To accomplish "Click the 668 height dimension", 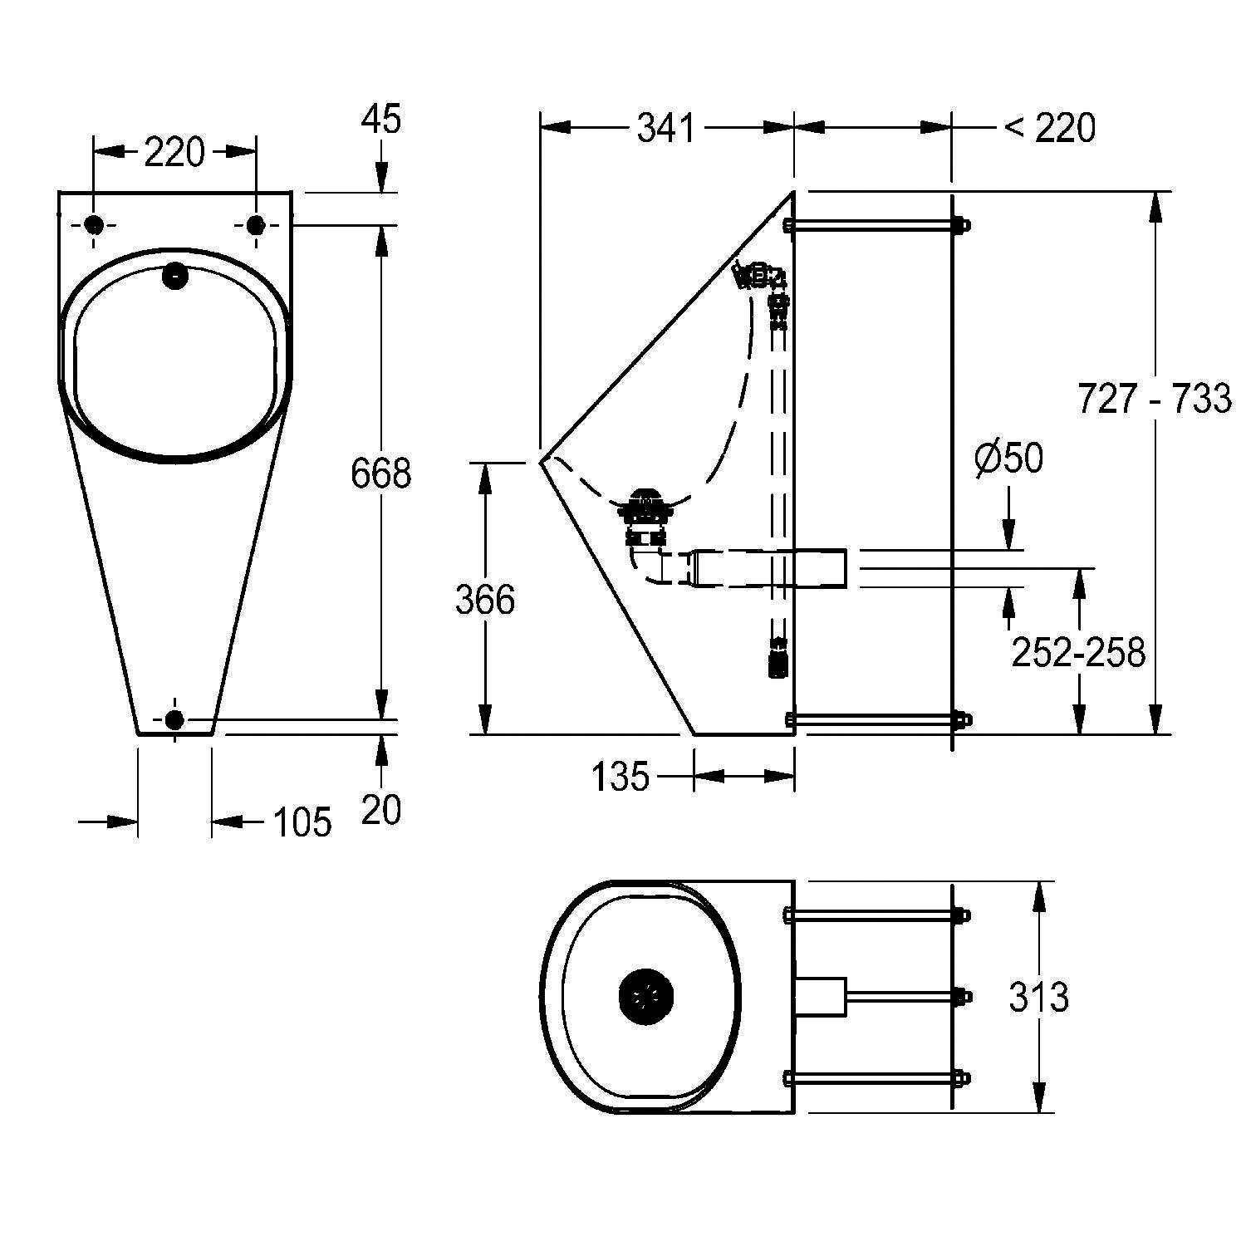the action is click(x=381, y=473).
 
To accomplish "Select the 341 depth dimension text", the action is click(x=666, y=128).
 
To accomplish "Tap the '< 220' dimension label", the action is click(x=1050, y=128).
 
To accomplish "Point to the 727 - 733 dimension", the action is click(x=1155, y=398).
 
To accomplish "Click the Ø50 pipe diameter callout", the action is click(x=1009, y=458).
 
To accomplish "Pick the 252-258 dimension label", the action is click(x=1078, y=652).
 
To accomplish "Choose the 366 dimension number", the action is click(x=485, y=600).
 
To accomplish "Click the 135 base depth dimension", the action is click(x=621, y=777).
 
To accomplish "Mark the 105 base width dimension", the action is click(x=302, y=822).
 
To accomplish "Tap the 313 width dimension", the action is click(x=1038, y=997).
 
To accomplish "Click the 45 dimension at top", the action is click(x=381, y=119).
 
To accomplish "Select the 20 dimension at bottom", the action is click(x=381, y=809).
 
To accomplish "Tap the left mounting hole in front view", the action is click(x=94, y=224).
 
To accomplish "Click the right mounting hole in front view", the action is click(x=256, y=224).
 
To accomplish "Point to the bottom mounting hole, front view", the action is click(x=174, y=719).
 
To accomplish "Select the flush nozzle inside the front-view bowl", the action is click(x=175, y=276).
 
